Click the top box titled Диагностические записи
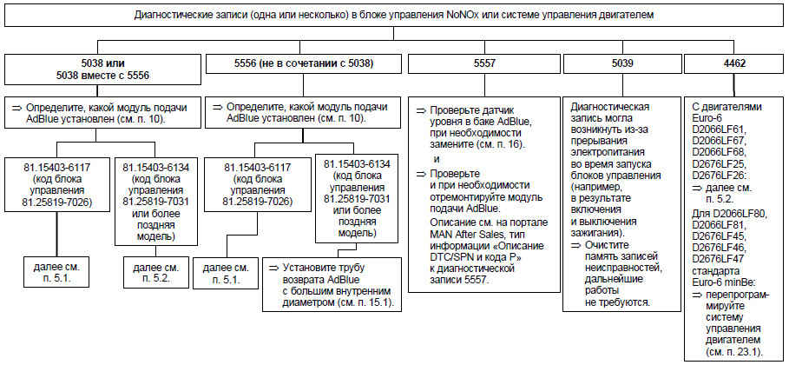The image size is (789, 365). [394, 15]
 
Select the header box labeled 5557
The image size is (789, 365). [482, 63]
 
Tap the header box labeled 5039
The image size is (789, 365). [621, 63]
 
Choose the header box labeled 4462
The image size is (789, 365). [733, 63]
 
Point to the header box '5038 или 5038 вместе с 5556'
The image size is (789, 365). [102, 70]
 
